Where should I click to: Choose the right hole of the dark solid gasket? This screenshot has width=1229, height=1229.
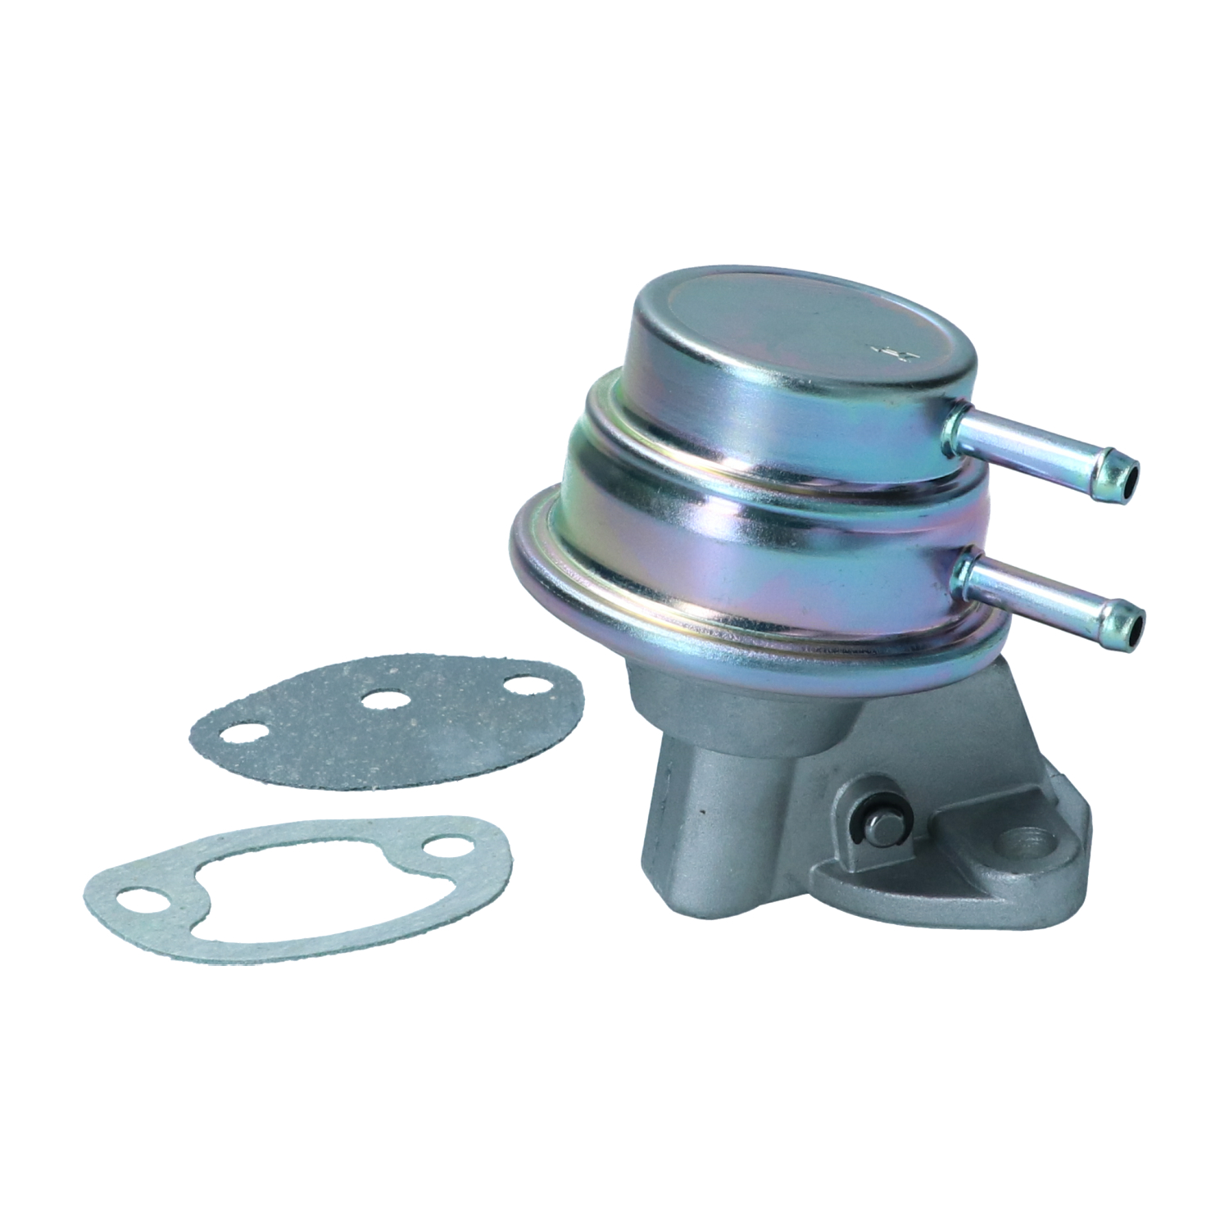tap(523, 685)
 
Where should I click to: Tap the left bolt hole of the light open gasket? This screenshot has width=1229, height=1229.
tap(136, 902)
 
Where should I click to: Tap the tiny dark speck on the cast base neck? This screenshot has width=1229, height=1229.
tap(703, 811)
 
